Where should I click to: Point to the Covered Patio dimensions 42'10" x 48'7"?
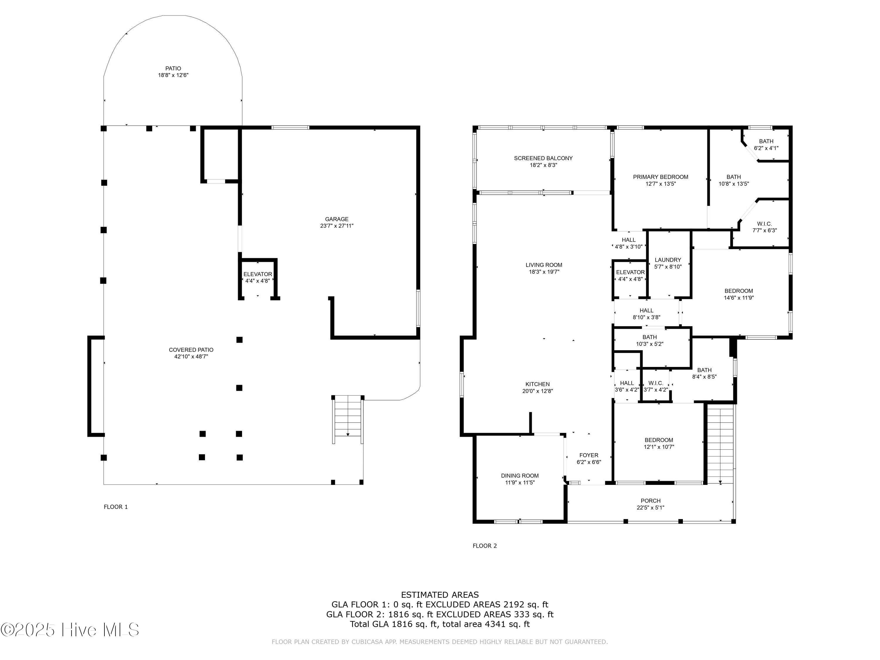[191, 356]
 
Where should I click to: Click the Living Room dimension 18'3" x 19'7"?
[544, 272]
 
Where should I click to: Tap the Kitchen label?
[537, 384]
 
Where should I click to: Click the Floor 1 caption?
[116, 507]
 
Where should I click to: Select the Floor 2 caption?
[485, 546]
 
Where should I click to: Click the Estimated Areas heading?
[440, 595]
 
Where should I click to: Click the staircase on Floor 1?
[348, 419]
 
